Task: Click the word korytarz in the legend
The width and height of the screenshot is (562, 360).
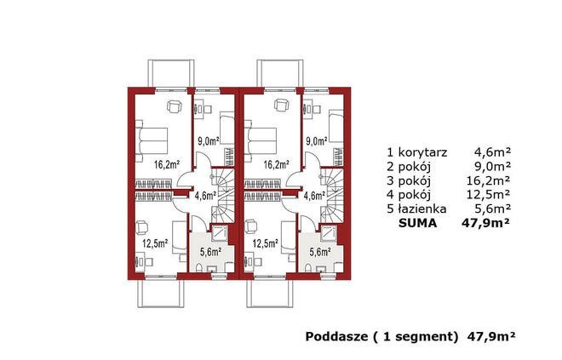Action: [422, 152]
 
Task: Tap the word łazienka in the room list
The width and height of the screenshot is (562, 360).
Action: [422, 209]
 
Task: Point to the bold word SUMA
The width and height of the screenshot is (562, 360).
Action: [417, 223]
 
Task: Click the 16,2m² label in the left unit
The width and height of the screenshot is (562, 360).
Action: [167, 165]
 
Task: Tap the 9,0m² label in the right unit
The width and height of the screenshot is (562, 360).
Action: [317, 141]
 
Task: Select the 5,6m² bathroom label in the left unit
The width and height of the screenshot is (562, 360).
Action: [210, 252]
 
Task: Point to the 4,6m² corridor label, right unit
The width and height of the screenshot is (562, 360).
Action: [314, 196]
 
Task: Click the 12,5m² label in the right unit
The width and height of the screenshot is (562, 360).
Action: [265, 244]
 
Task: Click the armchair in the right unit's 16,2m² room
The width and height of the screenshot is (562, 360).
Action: [282, 106]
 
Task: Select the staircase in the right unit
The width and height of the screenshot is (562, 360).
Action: [332, 196]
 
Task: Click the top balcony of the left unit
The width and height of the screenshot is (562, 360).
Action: [171, 74]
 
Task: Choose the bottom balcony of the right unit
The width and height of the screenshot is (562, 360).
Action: [270, 293]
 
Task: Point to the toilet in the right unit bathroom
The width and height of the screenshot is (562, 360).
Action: [308, 267]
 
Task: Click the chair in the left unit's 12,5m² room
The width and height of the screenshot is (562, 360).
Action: [142, 226]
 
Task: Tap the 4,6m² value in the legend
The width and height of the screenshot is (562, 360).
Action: [492, 152]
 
